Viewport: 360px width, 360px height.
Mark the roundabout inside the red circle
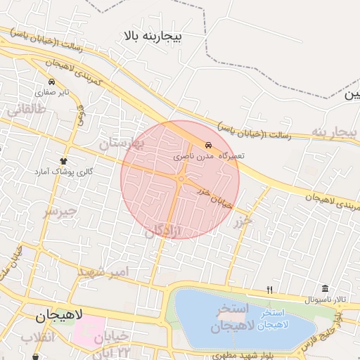[181, 179]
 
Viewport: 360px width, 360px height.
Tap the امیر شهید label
[103, 272]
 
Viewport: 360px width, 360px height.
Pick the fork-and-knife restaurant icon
[269, 290]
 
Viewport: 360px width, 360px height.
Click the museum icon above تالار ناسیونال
[324, 289]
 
